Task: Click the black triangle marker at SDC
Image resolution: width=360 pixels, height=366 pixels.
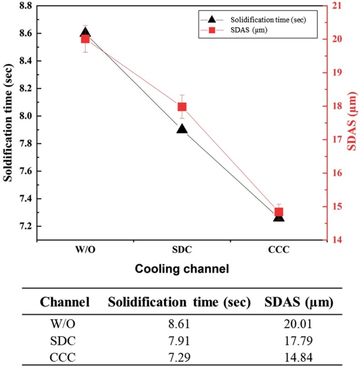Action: pos(182,129)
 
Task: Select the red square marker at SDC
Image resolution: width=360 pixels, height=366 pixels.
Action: pos(182,107)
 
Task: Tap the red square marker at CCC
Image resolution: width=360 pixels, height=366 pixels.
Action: pos(279,212)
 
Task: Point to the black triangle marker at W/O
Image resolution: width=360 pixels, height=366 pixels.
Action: pos(85,33)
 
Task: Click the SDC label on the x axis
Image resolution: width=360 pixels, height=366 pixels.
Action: pos(182,250)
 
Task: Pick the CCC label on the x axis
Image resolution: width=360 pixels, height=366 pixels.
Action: pos(279,250)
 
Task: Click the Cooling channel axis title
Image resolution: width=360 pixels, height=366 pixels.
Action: pos(182,269)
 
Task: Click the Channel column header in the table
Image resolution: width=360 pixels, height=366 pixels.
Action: pos(64,302)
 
